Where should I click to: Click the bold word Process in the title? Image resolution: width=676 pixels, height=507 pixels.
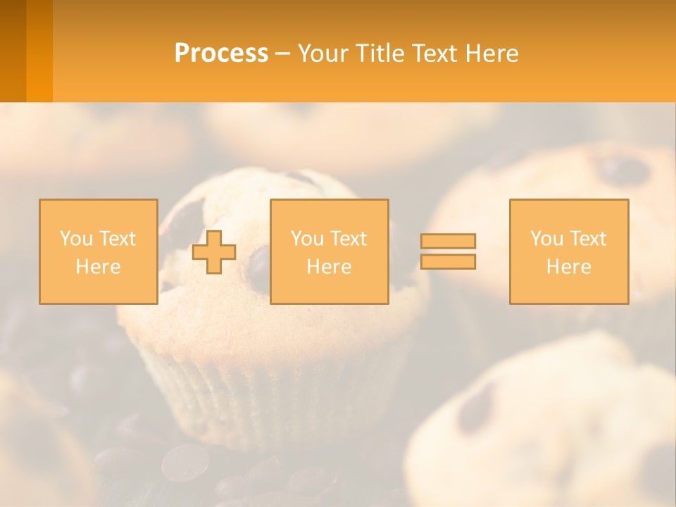tap(221, 54)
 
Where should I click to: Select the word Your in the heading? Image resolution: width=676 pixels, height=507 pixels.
tap(325, 54)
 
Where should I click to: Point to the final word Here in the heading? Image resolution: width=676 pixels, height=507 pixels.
tap(492, 54)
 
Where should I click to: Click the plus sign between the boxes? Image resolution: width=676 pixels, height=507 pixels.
tap(214, 252)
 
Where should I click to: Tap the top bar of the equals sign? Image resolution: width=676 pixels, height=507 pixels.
tap(448, 241)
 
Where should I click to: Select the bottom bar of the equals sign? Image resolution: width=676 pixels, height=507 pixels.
tap(448, 261)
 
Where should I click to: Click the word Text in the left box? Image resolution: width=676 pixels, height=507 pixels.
tap(117, 239)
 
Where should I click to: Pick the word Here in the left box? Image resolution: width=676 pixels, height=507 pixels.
tap(98, 267)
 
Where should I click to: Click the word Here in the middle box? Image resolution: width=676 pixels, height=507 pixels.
tap(329, 267)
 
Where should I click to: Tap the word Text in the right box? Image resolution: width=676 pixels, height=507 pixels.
tap(587, 239)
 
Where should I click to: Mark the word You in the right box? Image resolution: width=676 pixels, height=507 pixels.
tap(546, 239)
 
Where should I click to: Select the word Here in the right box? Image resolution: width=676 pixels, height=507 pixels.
tap(568, 267)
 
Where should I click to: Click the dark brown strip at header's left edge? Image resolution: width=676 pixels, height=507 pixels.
tap(13, 51)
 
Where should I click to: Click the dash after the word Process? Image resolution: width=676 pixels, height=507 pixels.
tap(282, 54)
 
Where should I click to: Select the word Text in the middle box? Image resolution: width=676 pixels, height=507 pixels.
tap(348, 239)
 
